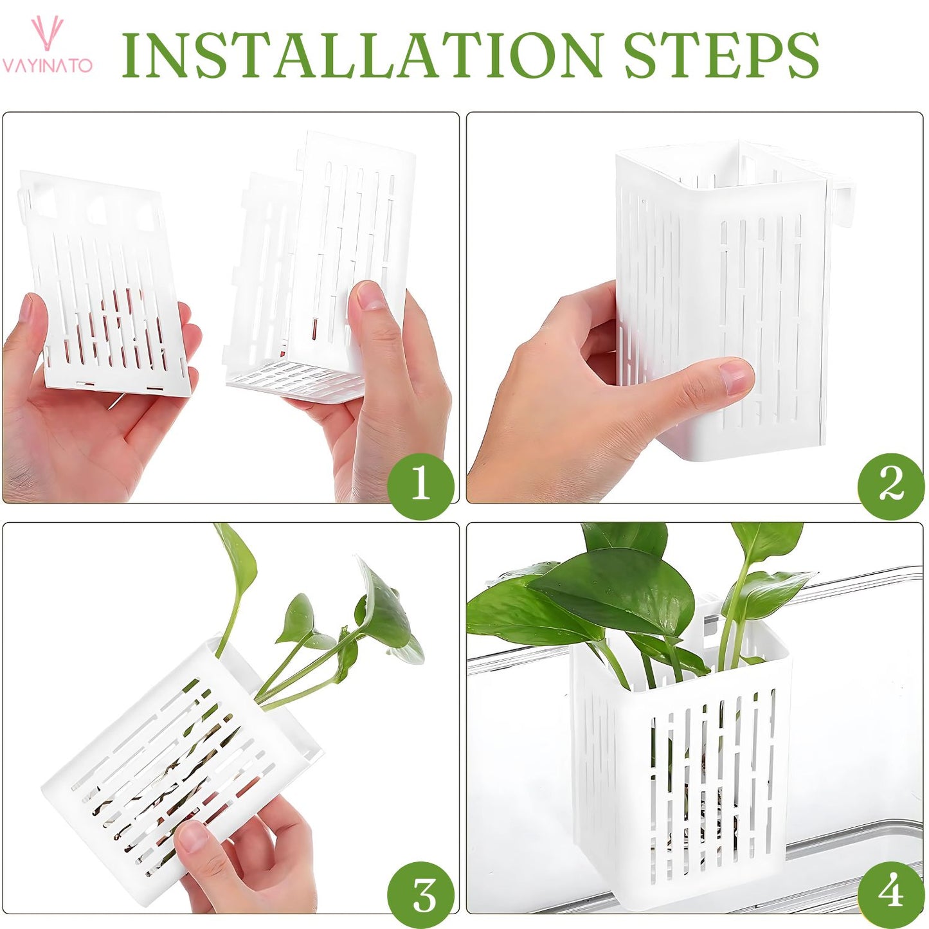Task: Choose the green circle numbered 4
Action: [890, 894]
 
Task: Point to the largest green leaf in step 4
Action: [617, 588]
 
